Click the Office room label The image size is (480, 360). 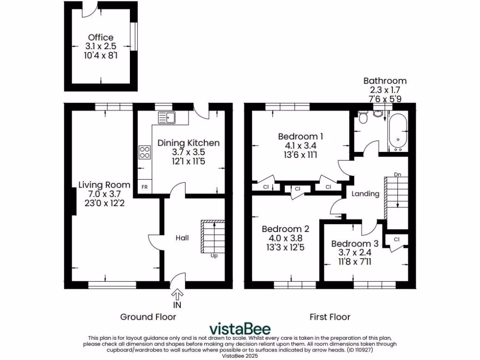[x=100, y=37]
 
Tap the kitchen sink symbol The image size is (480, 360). [x=166, y=117]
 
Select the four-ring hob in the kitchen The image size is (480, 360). [x=144, y=152]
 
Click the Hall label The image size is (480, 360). [x=182, y=238]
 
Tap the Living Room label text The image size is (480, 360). [x=104, y=184]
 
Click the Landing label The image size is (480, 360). [x=365, y=194]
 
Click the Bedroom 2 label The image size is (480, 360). [x=285, y=229]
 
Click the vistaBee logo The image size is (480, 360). [x=240, y=328]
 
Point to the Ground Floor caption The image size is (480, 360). [x=148, y=317]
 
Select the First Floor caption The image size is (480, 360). [x=330, y=317]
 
